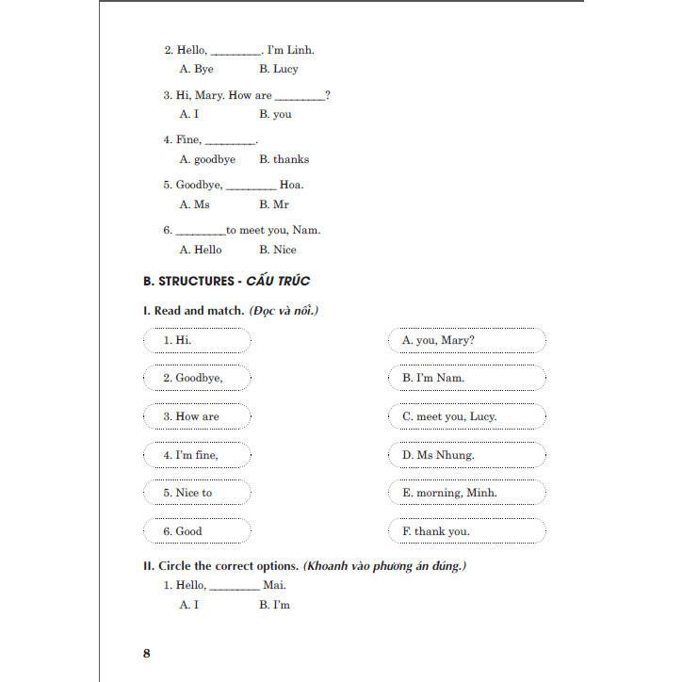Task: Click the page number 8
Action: point(146,653)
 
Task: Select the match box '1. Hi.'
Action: point(197,339)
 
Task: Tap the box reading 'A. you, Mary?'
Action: point(466,339)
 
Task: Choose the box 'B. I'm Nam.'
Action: point(466,378)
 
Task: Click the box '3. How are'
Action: point(197,416)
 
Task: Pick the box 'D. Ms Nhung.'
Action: point(466,455)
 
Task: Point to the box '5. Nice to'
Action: point(197,493)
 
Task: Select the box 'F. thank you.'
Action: point(466,531)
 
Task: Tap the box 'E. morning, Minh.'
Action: point(466,493)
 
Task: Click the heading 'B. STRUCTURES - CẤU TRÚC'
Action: point(226,281)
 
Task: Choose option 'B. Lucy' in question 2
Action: point(278,69)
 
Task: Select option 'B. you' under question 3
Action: point(275,114)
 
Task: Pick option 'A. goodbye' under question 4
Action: point(206,159)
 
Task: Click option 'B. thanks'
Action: point(284,159)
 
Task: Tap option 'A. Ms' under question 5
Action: point(194,204)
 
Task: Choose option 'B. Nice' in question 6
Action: point(277,250)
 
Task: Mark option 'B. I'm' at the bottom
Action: point(274,605)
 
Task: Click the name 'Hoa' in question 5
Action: point(292,186)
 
